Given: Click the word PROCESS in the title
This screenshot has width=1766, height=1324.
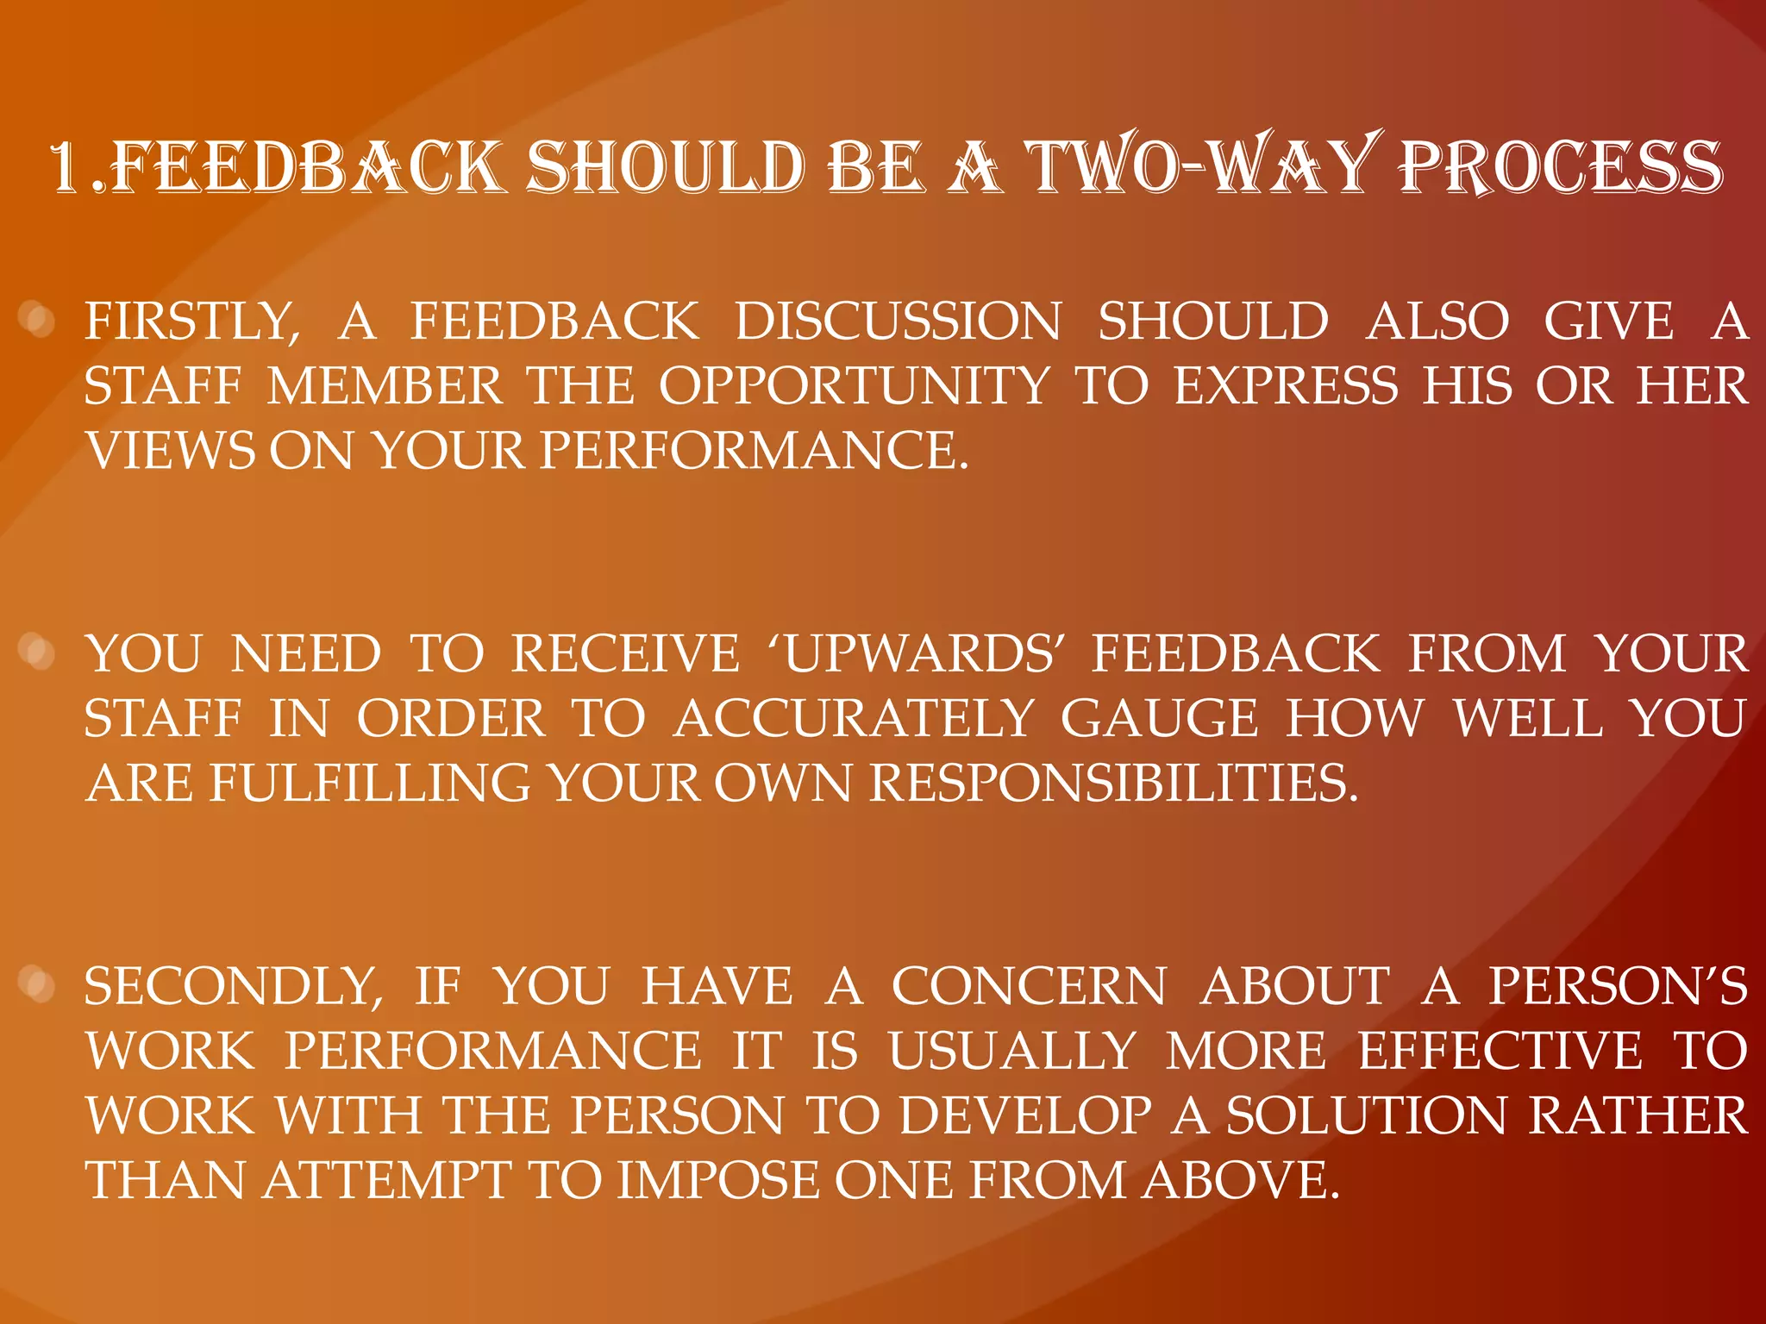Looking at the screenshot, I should [1561, 166].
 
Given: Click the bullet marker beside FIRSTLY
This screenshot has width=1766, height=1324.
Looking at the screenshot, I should [37, 321].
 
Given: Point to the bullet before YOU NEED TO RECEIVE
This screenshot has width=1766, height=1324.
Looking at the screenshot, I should [37, 653].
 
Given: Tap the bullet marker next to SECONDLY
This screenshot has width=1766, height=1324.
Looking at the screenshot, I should [37, 984].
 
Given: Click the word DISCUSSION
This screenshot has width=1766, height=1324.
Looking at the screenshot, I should [898, 322].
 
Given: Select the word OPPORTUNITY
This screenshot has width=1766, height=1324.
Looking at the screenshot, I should [855, 385].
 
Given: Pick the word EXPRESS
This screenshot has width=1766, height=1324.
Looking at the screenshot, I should [1286, 385].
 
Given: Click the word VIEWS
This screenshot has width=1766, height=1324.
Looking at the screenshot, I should [171, 450].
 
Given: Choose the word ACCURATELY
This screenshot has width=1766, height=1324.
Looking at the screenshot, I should [854, 718].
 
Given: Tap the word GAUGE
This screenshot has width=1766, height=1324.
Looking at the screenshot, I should [1160, 718].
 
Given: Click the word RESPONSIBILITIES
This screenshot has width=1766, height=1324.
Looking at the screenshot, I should [1112, 783].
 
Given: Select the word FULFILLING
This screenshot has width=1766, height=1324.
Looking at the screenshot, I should [370, 783].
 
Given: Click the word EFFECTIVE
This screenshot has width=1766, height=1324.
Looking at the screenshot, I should [1500, 1051].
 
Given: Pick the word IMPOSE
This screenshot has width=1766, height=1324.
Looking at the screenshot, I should [717, 1180].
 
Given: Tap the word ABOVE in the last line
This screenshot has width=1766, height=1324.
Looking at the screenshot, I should [1241, 1180].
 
